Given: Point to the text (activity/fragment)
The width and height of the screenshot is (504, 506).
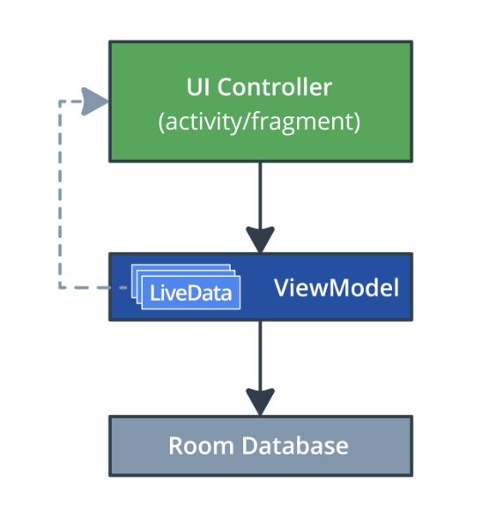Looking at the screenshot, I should coord(259,122).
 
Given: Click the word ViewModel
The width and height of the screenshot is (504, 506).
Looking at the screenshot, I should coord(337,287).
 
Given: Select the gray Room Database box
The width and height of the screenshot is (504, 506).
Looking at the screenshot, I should coord(260,445).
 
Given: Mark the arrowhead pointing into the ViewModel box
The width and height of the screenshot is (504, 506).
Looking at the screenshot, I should coord(260,239).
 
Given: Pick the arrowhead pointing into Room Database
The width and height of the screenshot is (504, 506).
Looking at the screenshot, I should coord(260,401).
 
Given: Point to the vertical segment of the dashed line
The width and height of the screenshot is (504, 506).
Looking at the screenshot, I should coord(60,194).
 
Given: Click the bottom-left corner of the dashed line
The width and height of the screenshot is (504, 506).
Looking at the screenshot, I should coord(60,287).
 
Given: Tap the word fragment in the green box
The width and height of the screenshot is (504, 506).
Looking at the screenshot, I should coord(313,122).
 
